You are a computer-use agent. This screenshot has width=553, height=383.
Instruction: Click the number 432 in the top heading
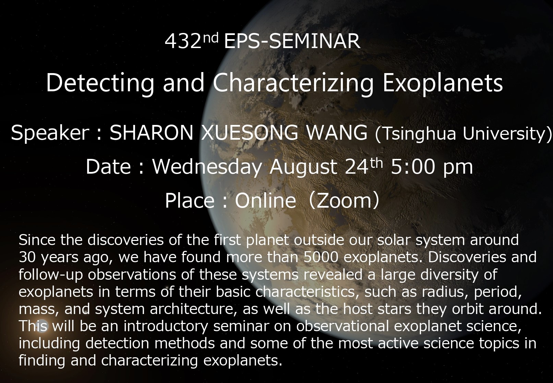183,41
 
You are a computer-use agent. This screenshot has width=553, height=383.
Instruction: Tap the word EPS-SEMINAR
292,41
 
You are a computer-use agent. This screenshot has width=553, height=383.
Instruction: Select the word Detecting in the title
100,84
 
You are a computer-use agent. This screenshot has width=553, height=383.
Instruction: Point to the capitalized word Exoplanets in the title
443,84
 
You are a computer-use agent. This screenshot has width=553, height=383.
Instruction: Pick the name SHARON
151,133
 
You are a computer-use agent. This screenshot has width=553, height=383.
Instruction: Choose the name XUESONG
250,133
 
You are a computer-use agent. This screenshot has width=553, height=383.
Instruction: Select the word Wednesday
207,167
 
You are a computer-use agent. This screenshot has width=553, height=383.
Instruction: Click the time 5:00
413,167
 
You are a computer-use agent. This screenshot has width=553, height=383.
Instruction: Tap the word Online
265,200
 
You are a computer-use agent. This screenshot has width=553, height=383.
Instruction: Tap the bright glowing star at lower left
41,326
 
